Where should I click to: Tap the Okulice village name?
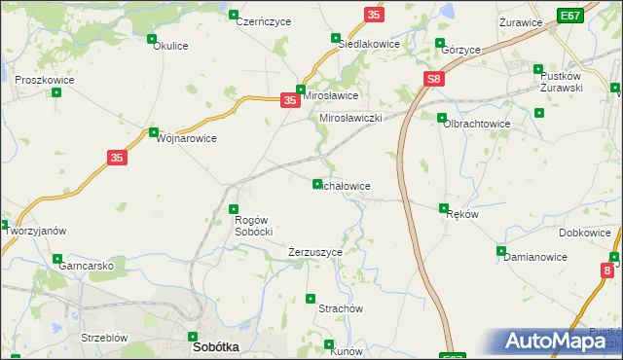pos(170,58)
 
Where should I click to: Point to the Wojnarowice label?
pos(186,138)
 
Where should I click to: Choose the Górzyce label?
pos(459,50)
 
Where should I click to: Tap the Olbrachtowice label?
pos(477,124)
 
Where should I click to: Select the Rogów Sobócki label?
pos(253,226)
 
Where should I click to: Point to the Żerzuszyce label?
pos(315,252)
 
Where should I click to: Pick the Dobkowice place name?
pos(585,234)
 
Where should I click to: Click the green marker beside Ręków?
pos(444,208)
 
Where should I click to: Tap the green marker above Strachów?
pos(311,298)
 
